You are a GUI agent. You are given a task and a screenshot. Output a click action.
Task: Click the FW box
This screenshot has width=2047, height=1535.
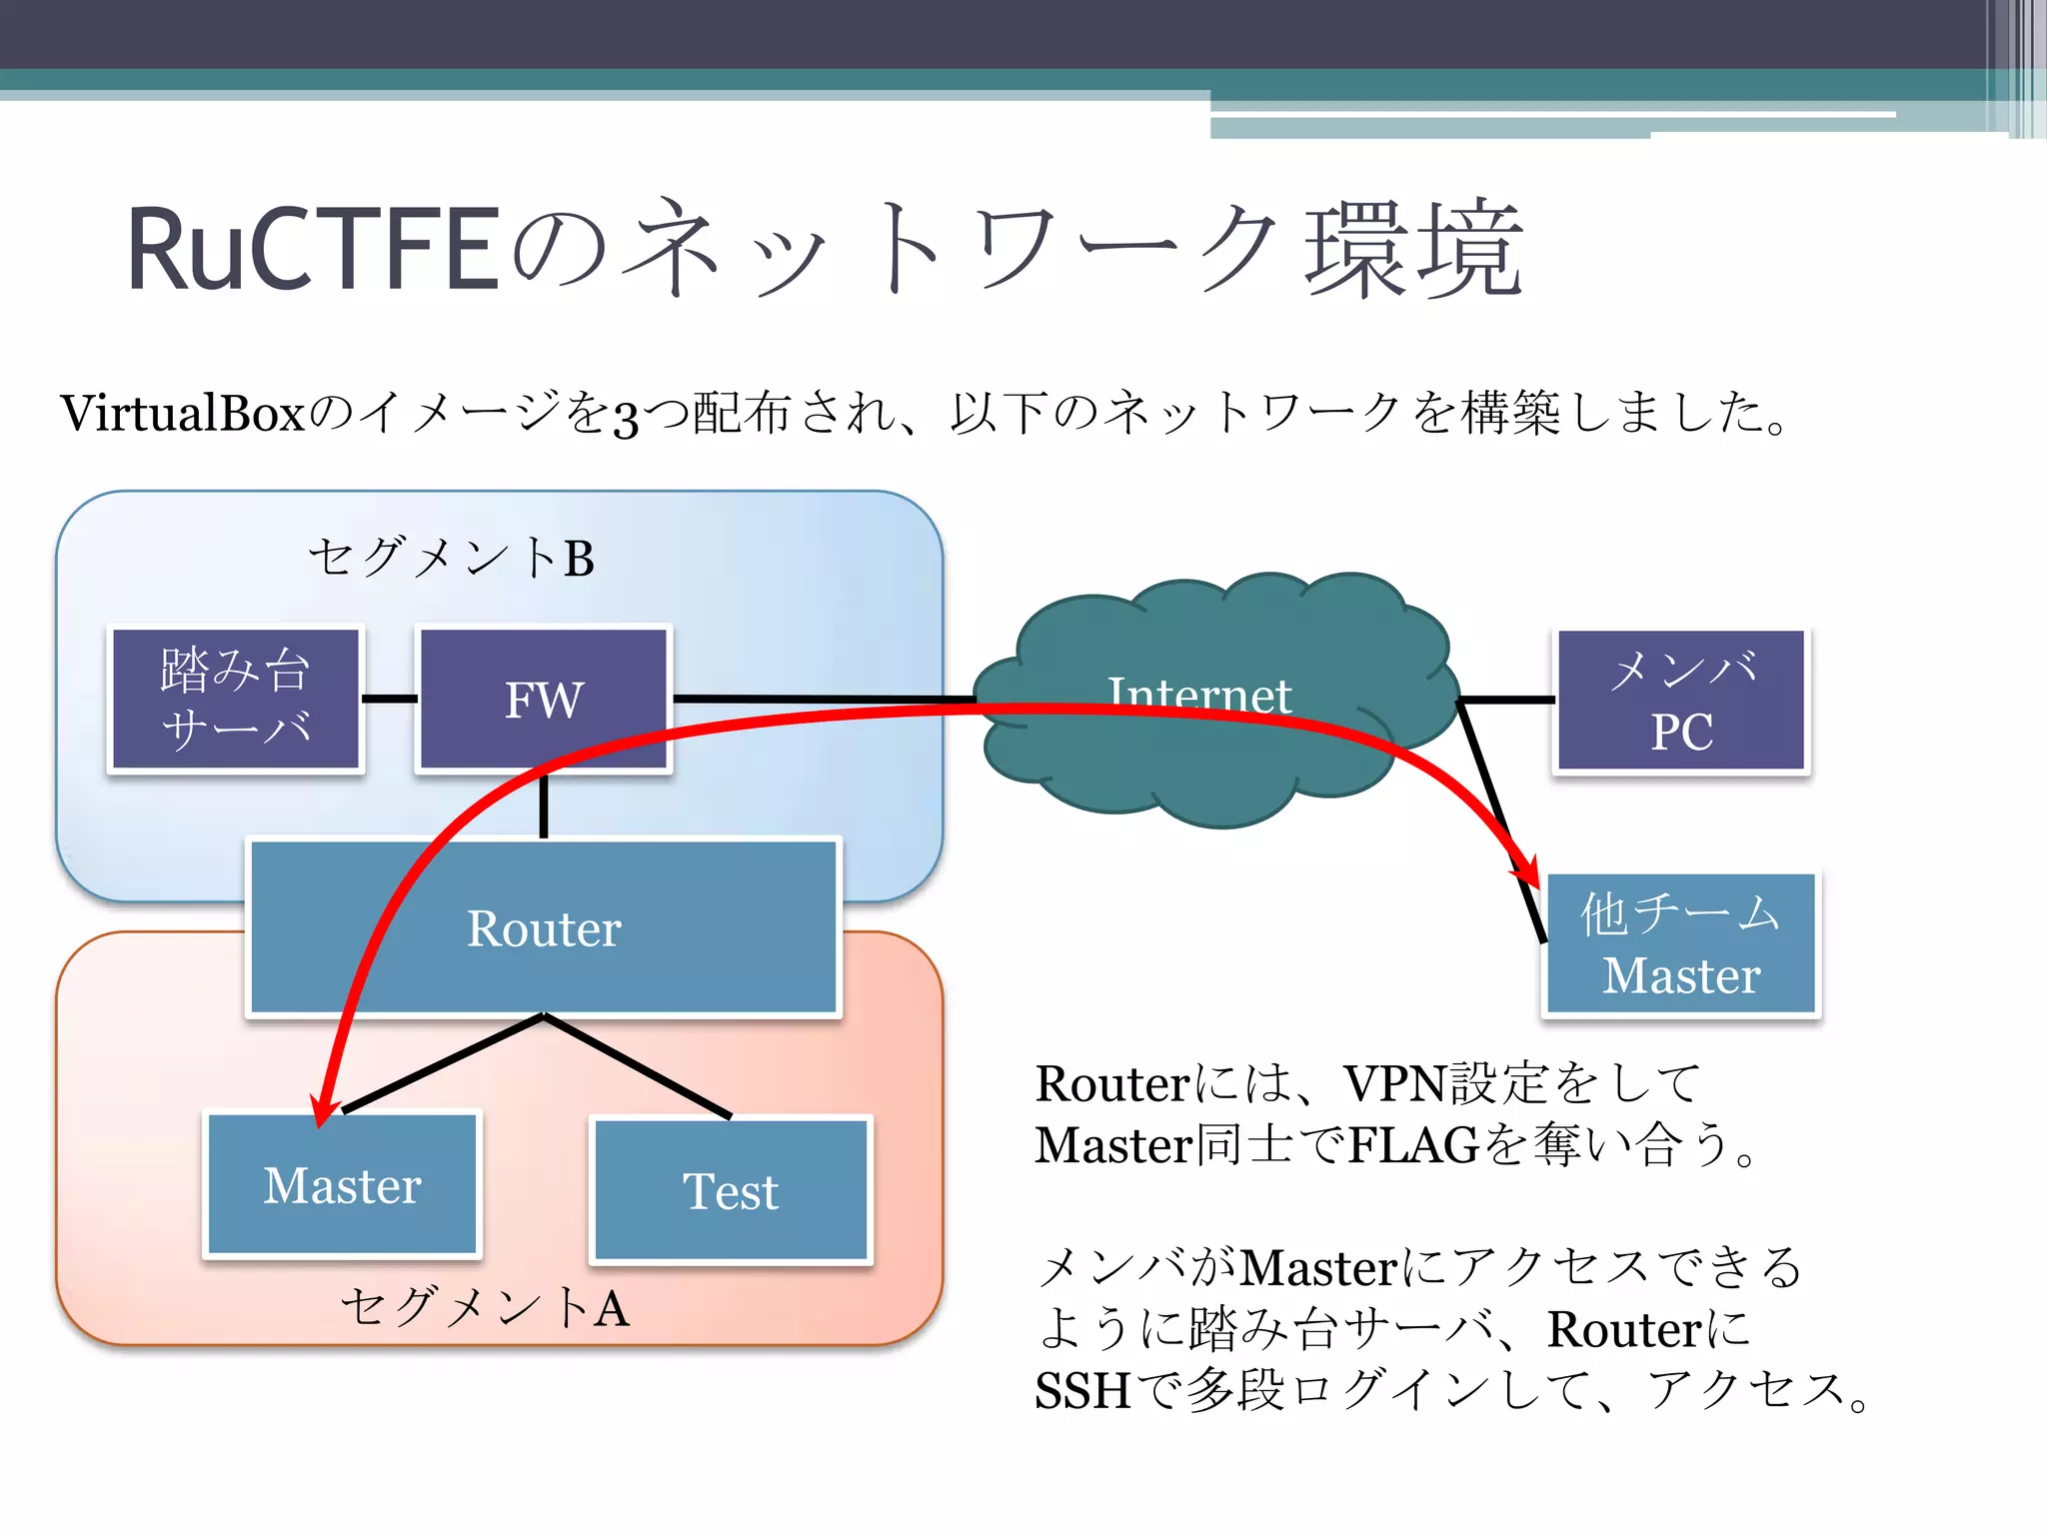[544, 699]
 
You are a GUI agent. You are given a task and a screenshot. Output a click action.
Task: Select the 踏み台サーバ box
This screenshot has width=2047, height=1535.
[236, 699]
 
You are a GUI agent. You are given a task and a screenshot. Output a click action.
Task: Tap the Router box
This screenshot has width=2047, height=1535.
[544, 928]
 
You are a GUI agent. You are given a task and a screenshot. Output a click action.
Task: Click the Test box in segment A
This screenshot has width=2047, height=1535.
[732, 1190]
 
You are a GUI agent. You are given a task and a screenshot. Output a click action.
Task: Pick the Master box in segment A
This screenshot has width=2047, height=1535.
[343, 1185]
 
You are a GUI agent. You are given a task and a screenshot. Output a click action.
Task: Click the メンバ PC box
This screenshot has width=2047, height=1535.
[1681, 701]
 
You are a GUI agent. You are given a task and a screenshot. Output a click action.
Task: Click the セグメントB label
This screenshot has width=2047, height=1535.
[451, 558]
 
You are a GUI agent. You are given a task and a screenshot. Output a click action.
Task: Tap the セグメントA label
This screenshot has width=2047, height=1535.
[486, 1307]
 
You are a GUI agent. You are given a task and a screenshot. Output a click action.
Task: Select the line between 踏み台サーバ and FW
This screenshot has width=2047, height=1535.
[390, 699]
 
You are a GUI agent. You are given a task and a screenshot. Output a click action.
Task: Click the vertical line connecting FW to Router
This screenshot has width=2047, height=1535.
[544, 805]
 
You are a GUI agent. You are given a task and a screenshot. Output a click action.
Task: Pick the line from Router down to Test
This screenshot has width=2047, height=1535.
[640, 1067]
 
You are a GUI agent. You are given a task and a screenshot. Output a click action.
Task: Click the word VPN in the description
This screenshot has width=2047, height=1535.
[1395, 1083]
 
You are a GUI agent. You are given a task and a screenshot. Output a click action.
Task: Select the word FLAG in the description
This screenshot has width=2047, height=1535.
[1412, 1145]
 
